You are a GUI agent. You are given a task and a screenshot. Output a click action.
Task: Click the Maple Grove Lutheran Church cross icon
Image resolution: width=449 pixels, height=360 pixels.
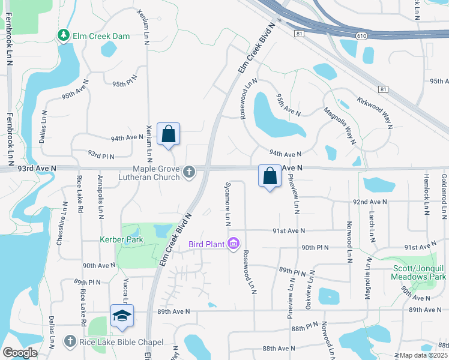pos(189,173)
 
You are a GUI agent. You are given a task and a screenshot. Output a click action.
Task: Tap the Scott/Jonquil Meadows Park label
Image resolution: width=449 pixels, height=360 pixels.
pos(418,272)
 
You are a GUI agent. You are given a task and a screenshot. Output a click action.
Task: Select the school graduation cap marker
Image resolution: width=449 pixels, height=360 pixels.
pos(122,316)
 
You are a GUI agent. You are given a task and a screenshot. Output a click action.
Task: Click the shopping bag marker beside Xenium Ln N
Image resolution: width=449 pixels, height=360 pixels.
pos(168,134)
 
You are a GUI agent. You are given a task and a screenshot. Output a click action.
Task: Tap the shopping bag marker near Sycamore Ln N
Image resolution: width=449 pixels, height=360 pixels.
pos(270,176)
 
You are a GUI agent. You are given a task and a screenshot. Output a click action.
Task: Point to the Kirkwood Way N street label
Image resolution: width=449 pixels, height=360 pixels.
pos(374,112)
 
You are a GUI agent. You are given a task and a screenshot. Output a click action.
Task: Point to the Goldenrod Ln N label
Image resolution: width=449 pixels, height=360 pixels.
pos(444,196)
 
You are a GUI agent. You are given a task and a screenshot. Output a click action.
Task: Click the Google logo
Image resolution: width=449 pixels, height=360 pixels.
pos(20,353)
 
